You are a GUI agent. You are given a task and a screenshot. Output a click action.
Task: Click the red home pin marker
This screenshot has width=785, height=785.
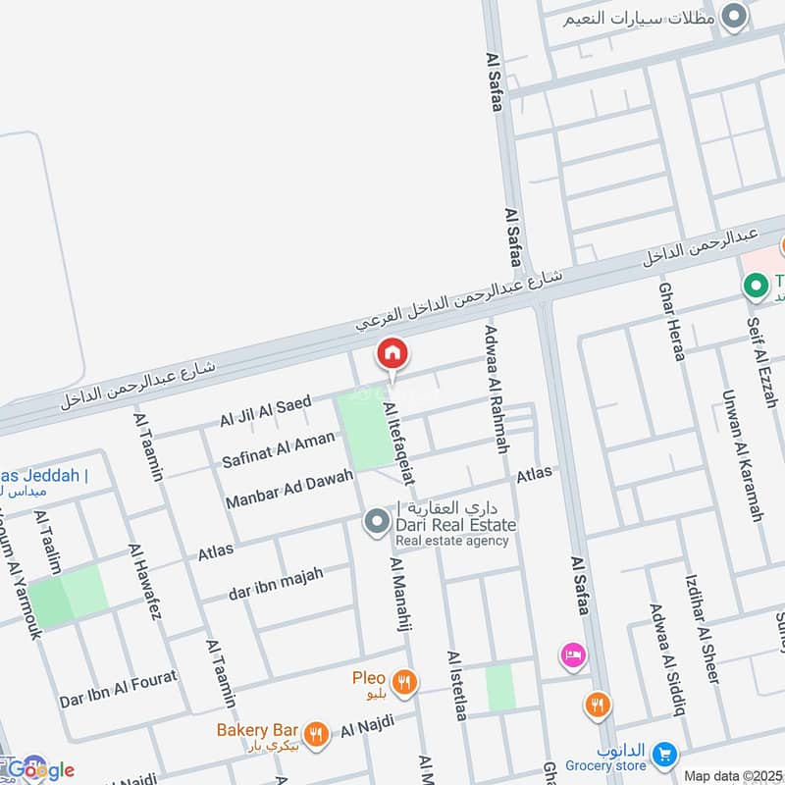coord(392,354)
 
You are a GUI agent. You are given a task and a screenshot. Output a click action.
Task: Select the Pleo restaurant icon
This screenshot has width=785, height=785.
coord(402,681)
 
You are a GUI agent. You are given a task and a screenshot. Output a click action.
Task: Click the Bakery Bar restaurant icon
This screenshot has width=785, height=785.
coord(315,732)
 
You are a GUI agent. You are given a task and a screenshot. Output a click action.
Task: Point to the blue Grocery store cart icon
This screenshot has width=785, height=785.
coord(666,754)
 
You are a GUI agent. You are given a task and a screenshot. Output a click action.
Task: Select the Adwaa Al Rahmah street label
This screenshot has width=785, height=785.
coord(497,389)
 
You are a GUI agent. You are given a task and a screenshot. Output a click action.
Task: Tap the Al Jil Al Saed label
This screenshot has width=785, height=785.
coord(265,411)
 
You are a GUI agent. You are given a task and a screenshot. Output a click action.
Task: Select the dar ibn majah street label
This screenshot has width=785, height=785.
coord(276,583)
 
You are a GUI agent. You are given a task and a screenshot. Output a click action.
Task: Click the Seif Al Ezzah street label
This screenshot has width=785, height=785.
coord(767,375)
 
